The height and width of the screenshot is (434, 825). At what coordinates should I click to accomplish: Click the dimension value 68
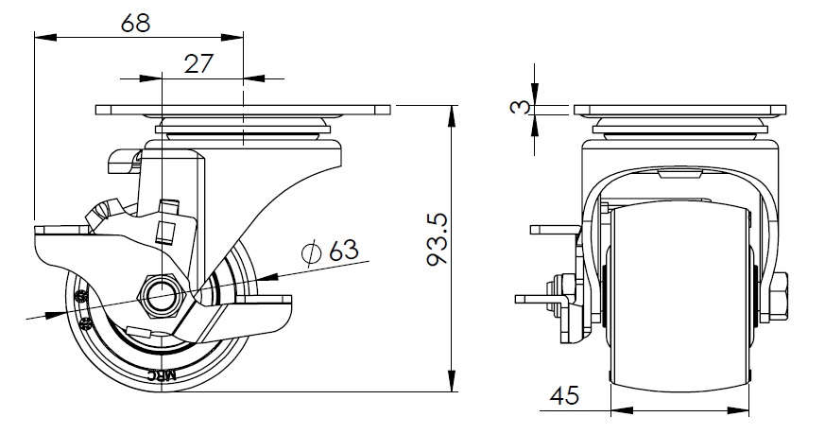(x=136, y=24)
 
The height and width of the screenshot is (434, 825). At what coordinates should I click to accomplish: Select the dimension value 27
(x=197, y=63)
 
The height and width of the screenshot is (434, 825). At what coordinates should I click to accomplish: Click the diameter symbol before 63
(x=309, y=252)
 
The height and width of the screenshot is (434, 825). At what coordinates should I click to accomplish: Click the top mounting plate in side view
(x=243, y=110)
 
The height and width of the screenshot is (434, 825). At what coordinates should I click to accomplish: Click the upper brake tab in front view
(x=553, y=229)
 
